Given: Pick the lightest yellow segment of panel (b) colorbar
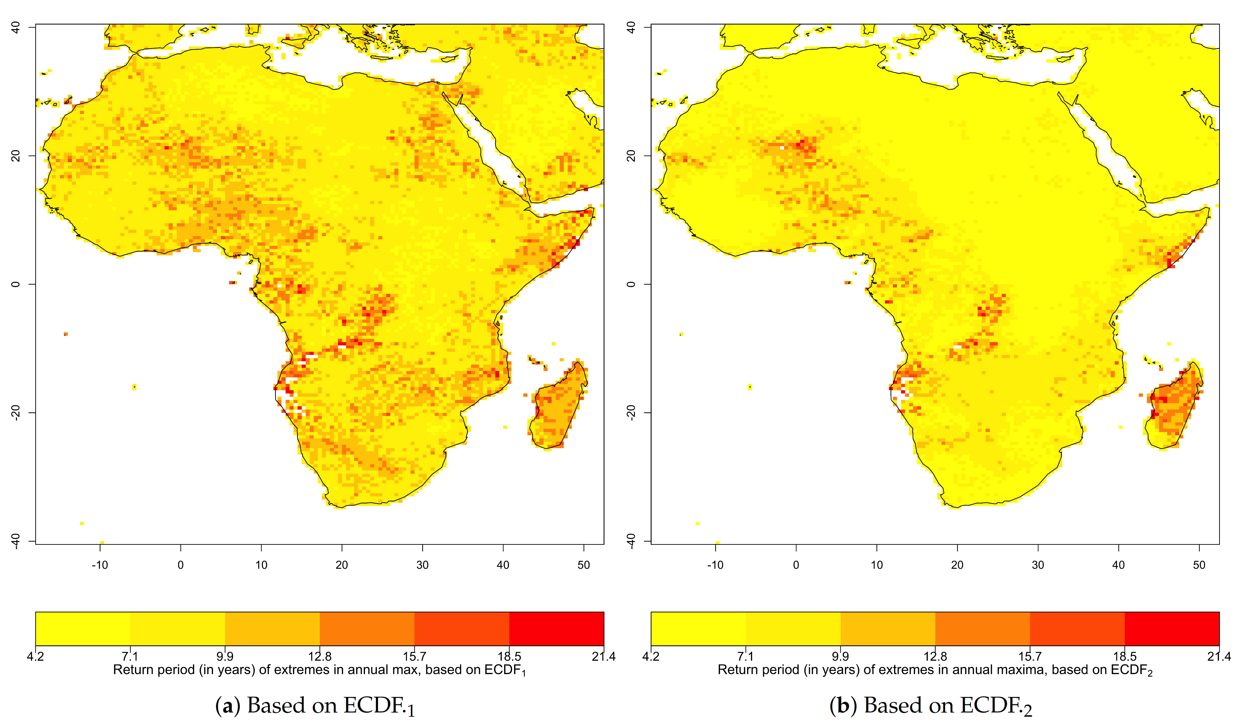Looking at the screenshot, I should click(698, 629).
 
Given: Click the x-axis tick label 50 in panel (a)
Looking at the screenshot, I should click(583, 565).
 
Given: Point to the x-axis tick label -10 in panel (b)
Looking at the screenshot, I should click(715, 565).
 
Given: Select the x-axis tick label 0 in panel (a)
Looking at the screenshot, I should click(181, 565).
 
